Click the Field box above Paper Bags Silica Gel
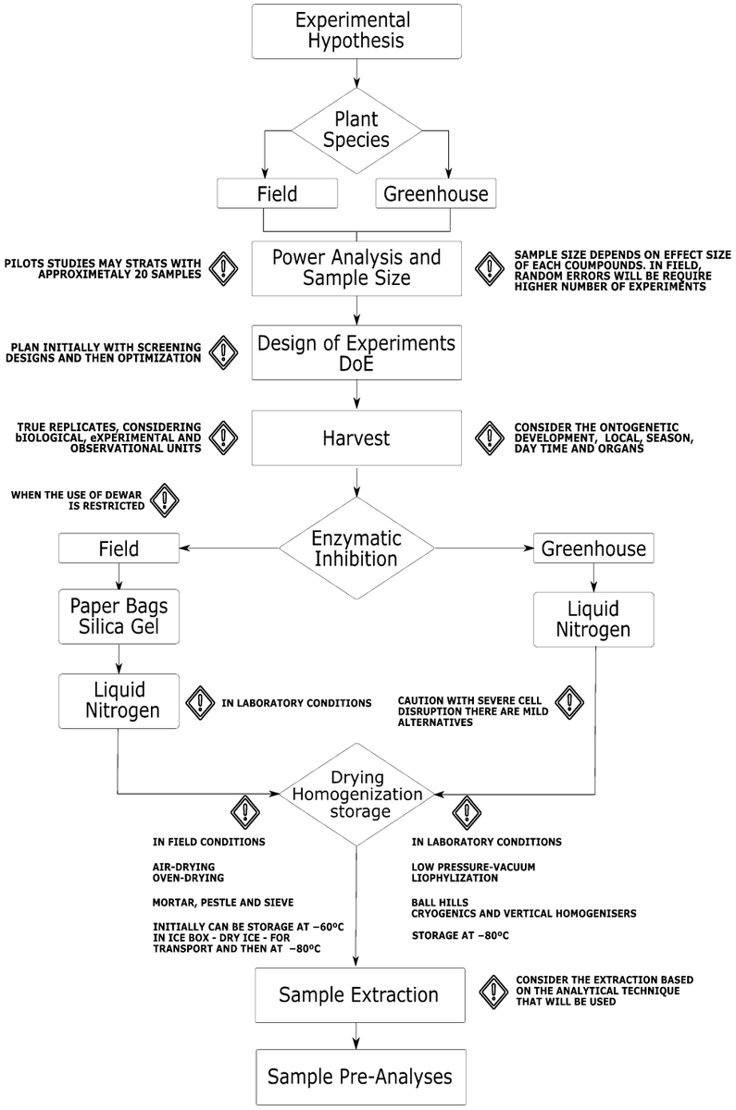(119, 549)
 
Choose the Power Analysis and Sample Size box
(356, 267)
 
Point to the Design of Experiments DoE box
(356, 352)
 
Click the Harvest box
(356, 438)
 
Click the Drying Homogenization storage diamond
(356, 793)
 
